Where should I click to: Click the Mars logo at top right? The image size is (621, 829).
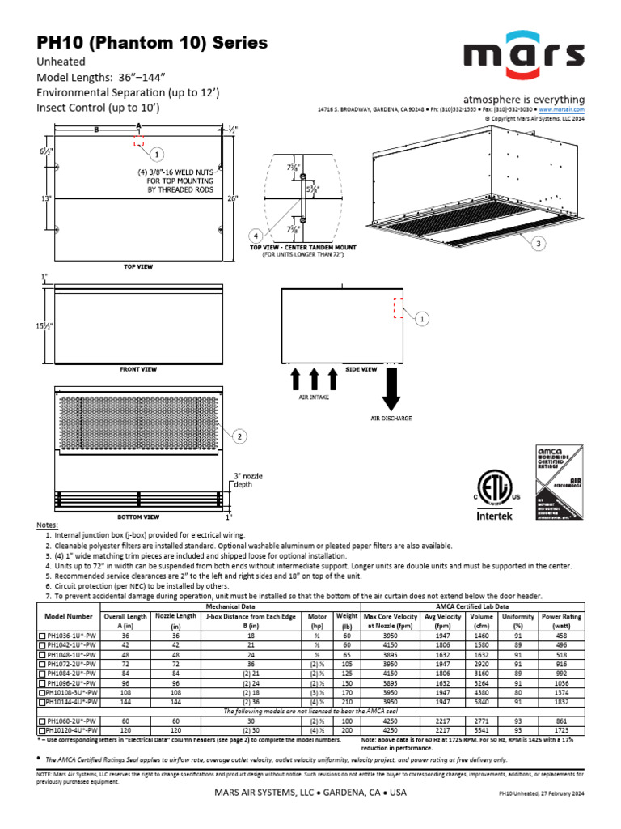tap(524, 54)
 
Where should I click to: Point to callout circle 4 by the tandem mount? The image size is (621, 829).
tap(256, 236)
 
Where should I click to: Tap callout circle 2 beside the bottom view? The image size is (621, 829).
tap(239, 437)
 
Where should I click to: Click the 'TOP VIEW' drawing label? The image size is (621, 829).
tap(138, 266)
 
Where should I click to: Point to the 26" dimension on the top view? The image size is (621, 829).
tap(233, 198)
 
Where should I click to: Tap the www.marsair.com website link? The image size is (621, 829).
tap(560, 108)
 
